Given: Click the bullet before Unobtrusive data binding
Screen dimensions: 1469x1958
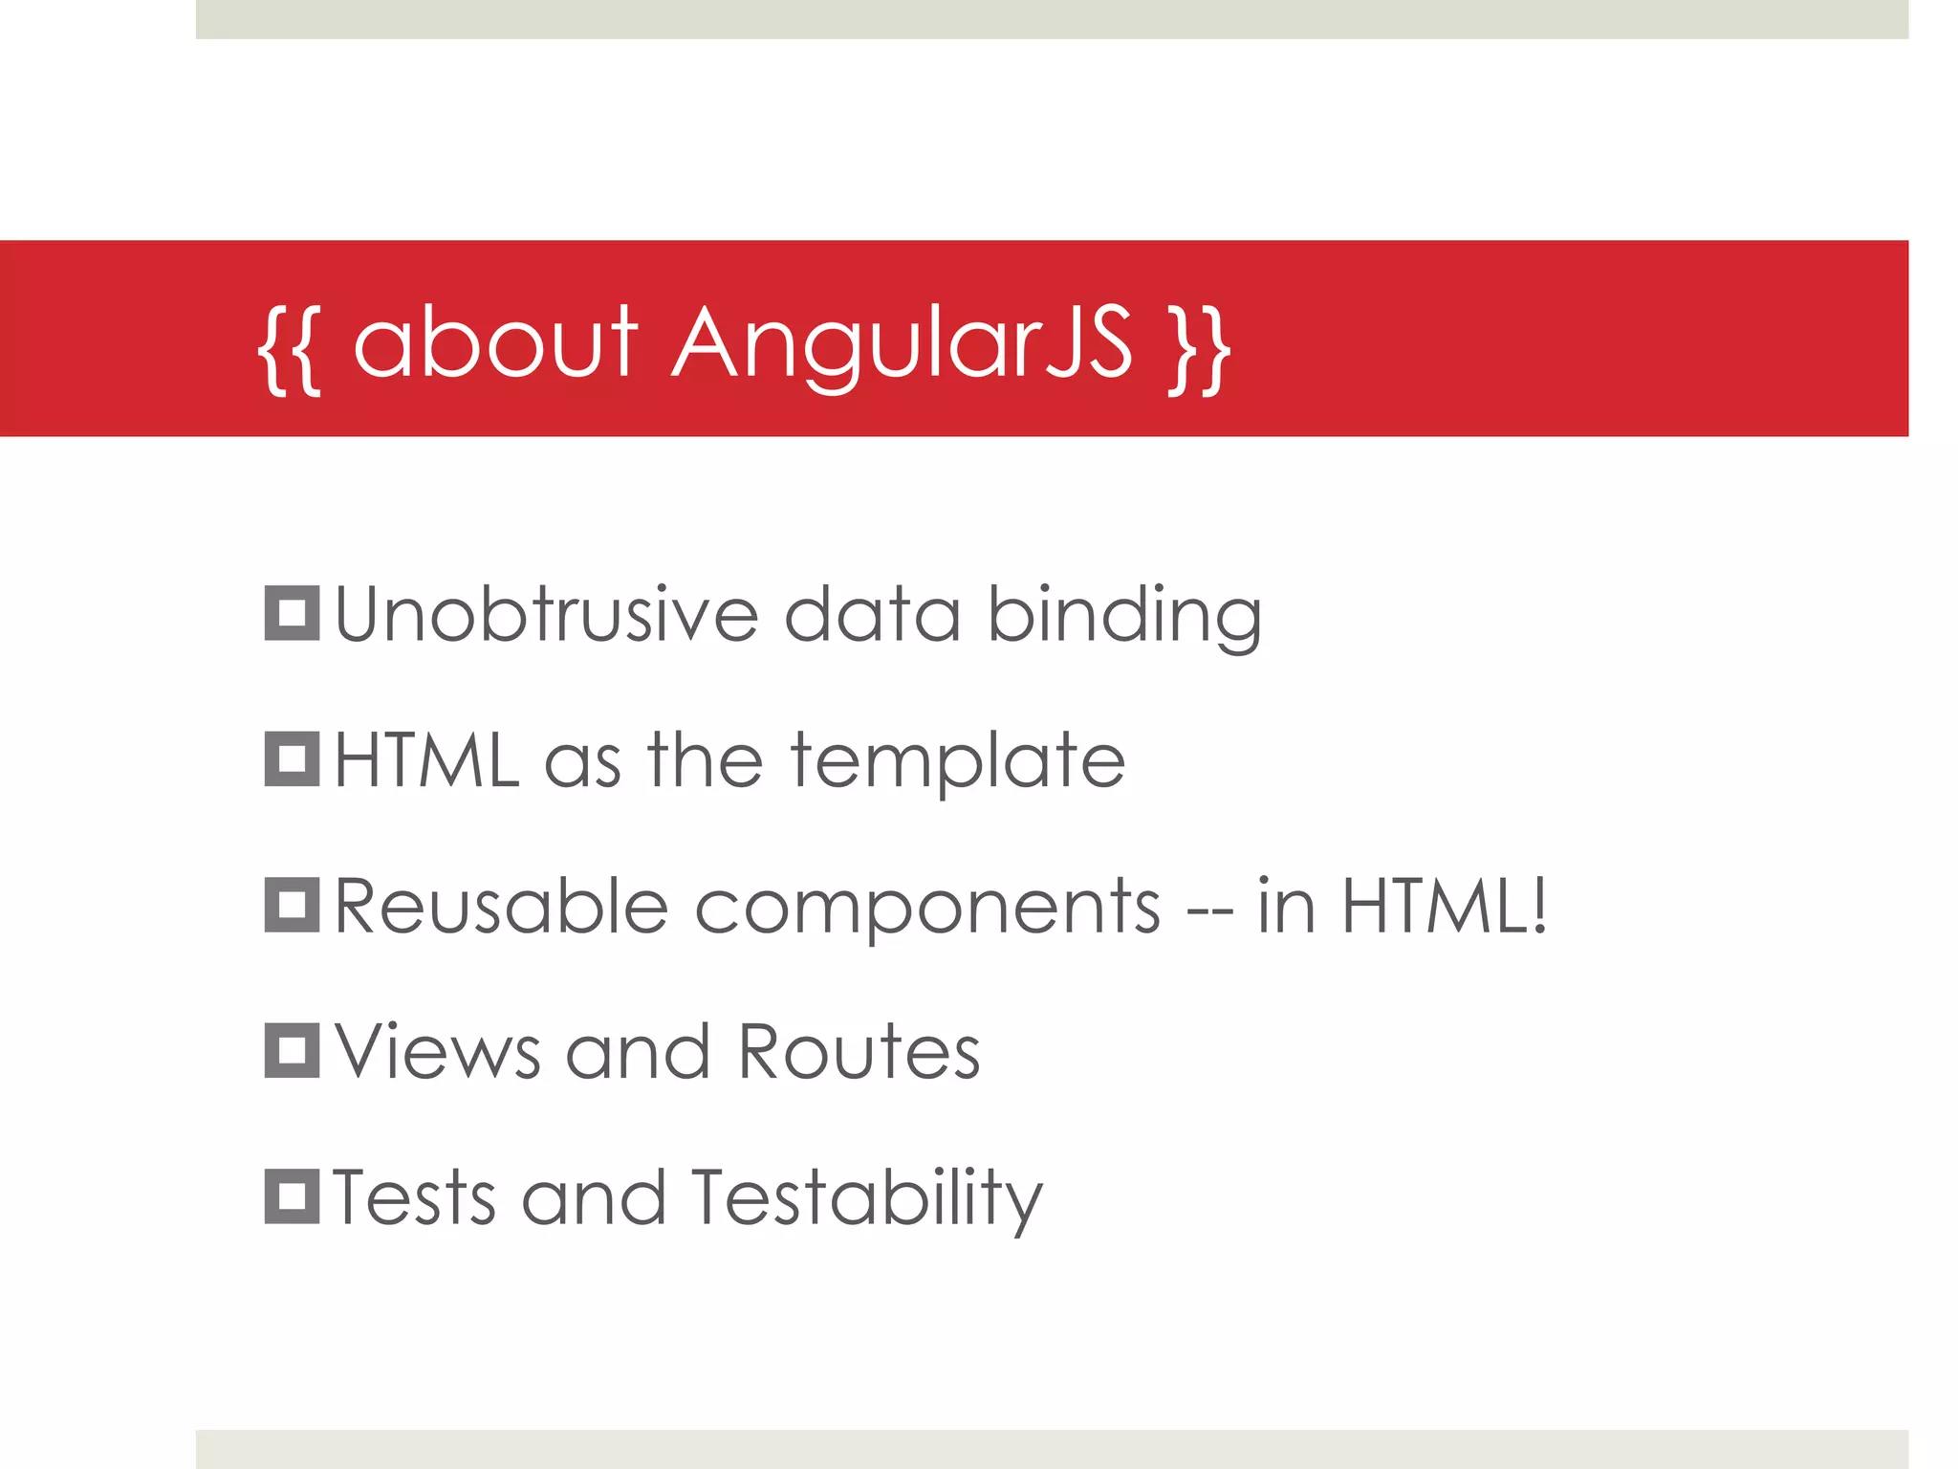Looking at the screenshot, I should [292, 613].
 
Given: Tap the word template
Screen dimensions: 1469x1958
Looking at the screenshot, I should [958, 762].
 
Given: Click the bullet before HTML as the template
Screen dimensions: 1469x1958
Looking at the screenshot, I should [292, 759].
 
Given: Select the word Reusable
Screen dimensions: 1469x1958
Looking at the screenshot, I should [501, 906].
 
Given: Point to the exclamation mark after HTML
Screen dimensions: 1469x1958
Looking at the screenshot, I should [1537, 905].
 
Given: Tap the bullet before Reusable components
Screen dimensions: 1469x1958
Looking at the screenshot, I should [292, 905].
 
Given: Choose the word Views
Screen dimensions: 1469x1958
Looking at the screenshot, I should [438, 1052].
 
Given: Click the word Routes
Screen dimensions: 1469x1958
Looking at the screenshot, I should [859, 1052].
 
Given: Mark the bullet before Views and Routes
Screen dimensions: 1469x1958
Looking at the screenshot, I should [292, 1050].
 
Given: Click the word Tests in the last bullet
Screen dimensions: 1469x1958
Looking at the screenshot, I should [415, 1197].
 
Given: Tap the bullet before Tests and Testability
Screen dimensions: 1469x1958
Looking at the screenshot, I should [292, 1196].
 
